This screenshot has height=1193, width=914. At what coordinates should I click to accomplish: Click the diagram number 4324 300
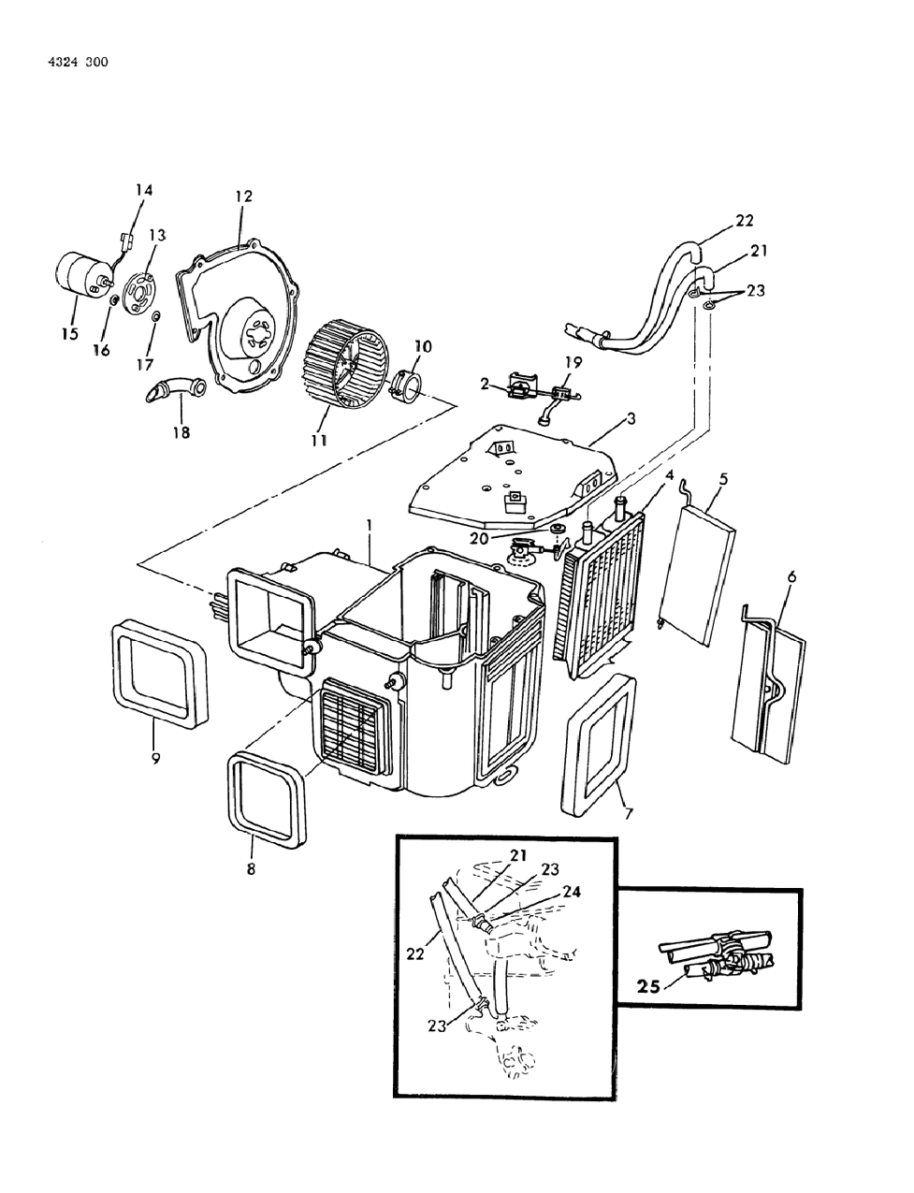(x=76, y=63)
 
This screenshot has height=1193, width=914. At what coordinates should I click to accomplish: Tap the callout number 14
(x=143, y=190)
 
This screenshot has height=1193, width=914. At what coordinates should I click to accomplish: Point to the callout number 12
(x=243, y=196)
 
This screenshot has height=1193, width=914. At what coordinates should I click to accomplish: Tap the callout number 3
(x=631, y=418)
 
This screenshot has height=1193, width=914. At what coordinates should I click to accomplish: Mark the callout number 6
(x=791, y=578)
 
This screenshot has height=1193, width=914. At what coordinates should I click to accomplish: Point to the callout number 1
(x=370, y=528)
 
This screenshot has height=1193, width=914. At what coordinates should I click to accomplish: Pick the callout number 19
(x=573, y=361)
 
